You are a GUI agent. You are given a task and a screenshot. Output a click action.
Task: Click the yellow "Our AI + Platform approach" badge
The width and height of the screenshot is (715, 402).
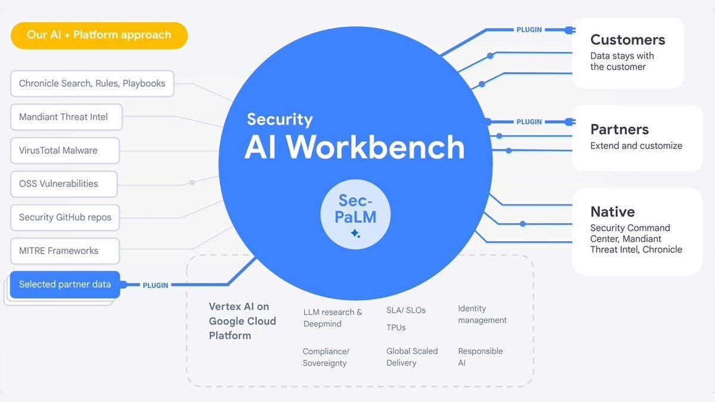[99, 35]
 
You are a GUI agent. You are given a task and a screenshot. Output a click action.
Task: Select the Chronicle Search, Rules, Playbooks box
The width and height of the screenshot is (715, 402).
[92, 84]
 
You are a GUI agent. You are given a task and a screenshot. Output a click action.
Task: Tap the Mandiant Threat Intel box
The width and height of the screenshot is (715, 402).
[66, 117]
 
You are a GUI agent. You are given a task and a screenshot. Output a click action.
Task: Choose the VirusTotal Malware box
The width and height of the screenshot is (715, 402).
[64, 151]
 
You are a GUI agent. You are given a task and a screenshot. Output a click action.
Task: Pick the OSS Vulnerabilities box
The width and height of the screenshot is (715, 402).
[63, 184]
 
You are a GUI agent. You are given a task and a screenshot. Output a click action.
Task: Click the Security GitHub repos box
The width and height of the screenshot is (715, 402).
[65, 217]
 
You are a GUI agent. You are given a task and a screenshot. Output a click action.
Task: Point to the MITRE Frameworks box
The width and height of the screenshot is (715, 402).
[64, 251]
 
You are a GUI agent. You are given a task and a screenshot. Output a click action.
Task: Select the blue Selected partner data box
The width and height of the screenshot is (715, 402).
[64, 285]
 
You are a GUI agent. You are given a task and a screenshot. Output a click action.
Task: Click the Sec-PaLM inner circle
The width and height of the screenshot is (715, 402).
[356, 214]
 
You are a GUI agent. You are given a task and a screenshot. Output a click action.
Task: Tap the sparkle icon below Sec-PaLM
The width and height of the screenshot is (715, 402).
[356, 234]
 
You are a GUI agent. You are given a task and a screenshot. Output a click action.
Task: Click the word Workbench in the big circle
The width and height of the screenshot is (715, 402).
[375, 147]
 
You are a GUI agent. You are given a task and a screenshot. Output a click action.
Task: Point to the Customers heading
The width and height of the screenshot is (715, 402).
[627, 40]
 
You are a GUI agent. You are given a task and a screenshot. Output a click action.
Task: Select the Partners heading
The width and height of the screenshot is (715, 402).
[619, 129]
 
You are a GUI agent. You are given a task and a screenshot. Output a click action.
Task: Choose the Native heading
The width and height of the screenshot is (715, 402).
[612, 211]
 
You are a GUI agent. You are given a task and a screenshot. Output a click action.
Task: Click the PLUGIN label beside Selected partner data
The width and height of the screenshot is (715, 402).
[156, 285]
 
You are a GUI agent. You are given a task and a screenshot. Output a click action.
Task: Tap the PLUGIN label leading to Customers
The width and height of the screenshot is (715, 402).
[529, 29]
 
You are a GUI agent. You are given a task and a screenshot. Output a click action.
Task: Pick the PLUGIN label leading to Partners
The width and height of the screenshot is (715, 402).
[529, 121]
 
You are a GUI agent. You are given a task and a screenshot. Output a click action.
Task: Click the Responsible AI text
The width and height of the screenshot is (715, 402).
[480, 357]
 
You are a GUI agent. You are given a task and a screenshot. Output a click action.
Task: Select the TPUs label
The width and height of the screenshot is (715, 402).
[396, 328]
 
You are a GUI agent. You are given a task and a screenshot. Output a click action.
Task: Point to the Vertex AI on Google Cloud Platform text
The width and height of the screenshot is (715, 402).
[243, 321]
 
